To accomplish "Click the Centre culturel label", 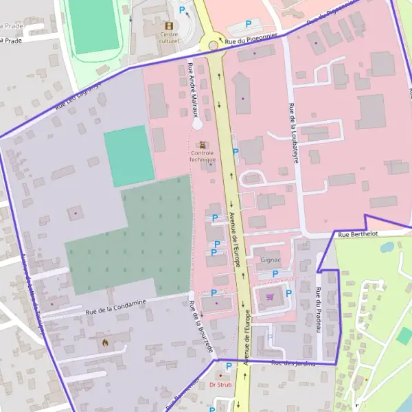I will click(169, 37).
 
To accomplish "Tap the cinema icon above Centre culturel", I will click(169, 25).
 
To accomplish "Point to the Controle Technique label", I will click(203, 156).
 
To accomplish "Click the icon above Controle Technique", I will click(202, 145).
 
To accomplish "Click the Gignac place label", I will click(272, 260).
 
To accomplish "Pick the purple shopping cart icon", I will click(270, 297).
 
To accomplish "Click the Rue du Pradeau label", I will click(319, 310).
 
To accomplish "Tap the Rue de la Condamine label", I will click(116, 307).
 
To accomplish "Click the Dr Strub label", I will click(220, 385).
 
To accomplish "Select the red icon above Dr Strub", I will click(220, 376).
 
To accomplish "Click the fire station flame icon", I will click(104, 341).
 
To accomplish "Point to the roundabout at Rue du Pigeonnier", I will click(214, 45).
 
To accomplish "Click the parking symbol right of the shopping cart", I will click(288, 293).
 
